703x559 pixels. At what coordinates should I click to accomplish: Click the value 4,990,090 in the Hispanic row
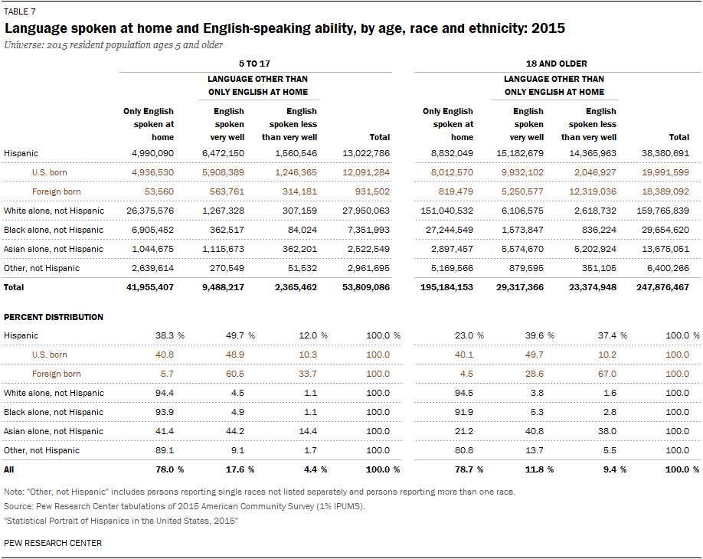[x=152, y=153]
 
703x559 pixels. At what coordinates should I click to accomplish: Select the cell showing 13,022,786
[x=366, y=153]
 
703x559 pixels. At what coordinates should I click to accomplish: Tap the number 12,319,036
[x=592, y=192]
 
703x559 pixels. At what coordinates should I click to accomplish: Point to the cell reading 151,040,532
[x=446, y=211]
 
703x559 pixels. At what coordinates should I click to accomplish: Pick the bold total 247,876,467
[x=662, y=287]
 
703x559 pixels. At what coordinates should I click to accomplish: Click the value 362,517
[x=227, y=230]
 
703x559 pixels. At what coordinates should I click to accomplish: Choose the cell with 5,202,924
[x=595, y=249]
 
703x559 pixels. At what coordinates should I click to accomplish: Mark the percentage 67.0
[x=607, y=374]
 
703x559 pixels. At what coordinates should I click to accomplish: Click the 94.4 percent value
[x=165, y=393]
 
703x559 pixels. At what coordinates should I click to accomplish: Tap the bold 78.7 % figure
[x=469, y=470]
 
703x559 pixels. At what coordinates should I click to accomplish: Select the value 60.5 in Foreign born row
[x=235, y=374]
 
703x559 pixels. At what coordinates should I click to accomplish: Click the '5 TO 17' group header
[x=254, y=64]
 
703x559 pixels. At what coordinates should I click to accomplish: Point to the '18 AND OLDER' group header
[x=557, y=64]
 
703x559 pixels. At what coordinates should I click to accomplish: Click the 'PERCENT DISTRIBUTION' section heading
[x=54, y=317]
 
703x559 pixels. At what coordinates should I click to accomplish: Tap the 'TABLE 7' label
[x=20, y=11]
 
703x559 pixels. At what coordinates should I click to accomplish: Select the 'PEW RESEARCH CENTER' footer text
[x=53, y=544]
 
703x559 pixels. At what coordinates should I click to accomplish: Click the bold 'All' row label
[x=9, y=470]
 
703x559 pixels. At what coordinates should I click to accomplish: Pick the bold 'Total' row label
[x=14, y=287]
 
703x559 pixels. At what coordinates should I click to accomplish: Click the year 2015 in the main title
[x=548, y=28]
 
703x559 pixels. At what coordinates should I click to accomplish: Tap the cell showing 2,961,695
[x=368, y=269]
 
